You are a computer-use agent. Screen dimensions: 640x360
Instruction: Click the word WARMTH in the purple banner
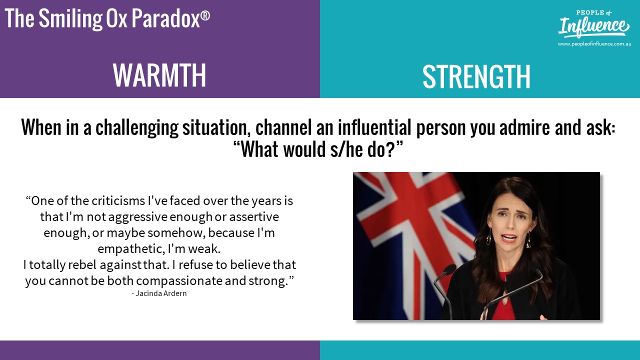coord(159,75)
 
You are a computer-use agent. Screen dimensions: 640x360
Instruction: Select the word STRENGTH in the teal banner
coord(476,76)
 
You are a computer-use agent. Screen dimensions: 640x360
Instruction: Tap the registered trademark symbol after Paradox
coord(205,15)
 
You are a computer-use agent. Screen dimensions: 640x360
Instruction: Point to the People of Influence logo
coord(593,24)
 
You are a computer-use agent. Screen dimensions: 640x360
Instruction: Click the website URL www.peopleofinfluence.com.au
coord(594,44)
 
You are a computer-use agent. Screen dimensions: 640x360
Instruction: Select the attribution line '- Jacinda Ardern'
coord(159,293)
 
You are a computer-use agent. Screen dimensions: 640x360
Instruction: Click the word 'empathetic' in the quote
coord(131,249)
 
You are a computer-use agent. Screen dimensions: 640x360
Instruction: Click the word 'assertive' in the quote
coord(254,217)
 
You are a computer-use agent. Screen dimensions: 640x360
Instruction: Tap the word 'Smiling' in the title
coord(70,19)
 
